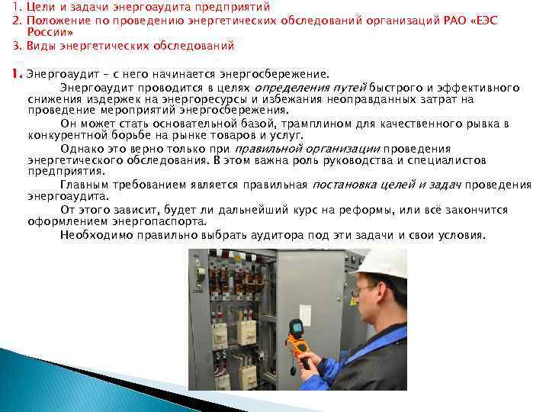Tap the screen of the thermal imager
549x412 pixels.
click(x=294, y=329)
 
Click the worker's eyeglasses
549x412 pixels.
click(x=367, y=288)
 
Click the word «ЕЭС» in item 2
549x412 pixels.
click(x=482, y=19)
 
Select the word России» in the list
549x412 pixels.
click(x=50, y=32)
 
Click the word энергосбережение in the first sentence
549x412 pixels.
click(x=272, y=75)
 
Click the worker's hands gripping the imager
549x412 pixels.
click(x=303, y=352)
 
